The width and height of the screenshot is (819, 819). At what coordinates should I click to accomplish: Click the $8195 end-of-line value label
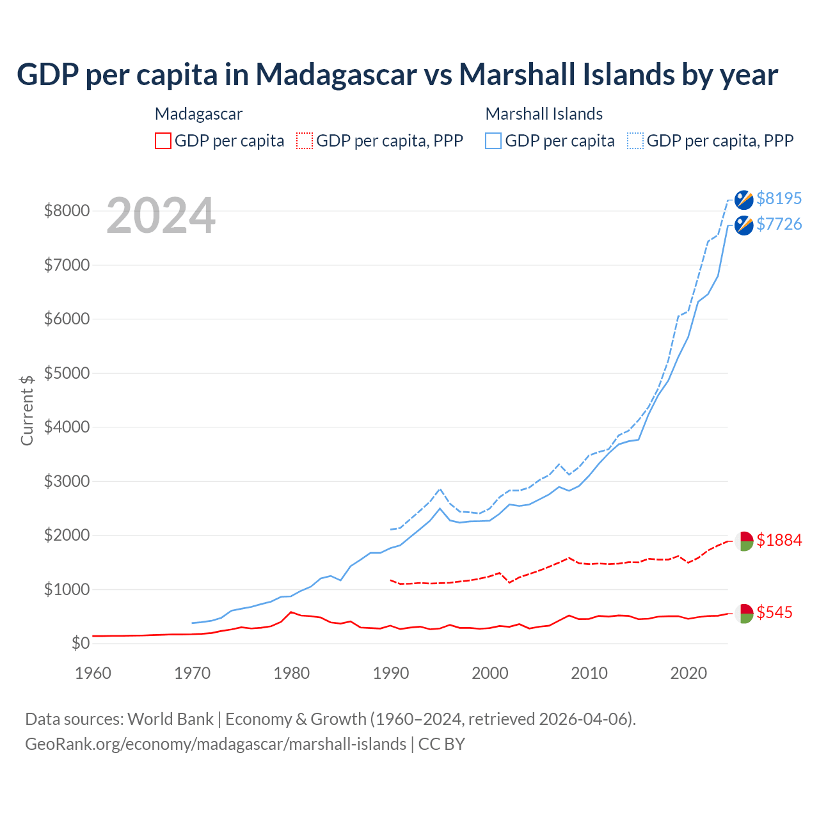pos(779,198)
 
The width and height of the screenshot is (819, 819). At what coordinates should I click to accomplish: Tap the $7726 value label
pos(779,224)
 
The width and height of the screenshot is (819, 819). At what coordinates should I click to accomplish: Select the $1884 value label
pos(779,540)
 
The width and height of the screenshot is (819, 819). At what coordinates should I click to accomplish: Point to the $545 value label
pos(774,612)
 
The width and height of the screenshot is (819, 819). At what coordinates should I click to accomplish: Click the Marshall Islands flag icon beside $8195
pos(743,200)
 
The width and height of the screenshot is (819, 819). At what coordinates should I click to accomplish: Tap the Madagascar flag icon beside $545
pos(743,613)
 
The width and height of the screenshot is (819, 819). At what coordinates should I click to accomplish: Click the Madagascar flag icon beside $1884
pos(743,541)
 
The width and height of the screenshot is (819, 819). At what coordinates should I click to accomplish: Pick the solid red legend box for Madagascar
pos(163,141)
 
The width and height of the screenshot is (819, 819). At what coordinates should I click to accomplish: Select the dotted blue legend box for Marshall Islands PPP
pos(635,141)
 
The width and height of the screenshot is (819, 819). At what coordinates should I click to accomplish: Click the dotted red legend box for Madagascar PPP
pos(305,141)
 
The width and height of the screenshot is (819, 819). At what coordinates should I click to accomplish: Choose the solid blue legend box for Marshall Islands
pos(493,141)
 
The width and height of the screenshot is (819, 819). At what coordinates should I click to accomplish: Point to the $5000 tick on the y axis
pos(67,373)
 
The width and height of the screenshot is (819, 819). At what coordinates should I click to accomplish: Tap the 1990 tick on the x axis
pos(391,673)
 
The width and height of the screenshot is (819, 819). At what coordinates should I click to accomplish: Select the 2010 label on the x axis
pos(589,673)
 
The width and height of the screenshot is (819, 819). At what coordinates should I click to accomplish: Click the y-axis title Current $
pos(27,410)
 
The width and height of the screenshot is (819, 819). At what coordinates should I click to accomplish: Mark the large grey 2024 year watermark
pos(161,216)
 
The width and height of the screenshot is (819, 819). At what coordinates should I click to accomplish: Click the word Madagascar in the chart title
pos(337,74)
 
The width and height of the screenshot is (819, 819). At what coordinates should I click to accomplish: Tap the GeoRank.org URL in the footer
pos(216,744)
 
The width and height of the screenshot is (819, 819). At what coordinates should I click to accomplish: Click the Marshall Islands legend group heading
pos(544,114)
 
